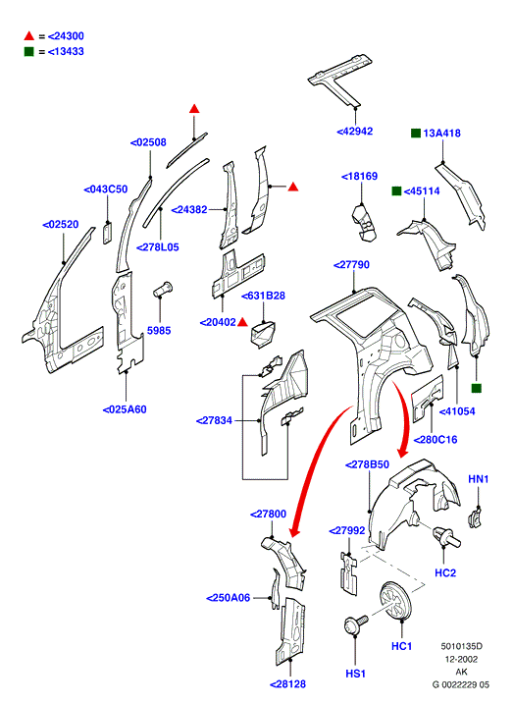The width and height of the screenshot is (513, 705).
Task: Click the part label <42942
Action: click(355, 132)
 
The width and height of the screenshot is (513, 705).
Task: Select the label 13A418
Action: click(441, 134)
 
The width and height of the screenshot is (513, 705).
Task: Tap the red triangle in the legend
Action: click(29, 35)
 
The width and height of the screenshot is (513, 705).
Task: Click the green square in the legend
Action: click(28, 52)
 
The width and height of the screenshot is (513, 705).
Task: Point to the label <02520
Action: click(60, 224)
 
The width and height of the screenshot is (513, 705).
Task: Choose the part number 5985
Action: click(159, 331)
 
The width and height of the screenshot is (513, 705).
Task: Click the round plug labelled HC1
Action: click(394, 600)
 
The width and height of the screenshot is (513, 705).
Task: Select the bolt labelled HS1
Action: click(355, 624)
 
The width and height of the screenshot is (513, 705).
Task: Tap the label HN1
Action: click(479, 479)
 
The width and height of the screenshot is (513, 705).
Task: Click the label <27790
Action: click(351, 265)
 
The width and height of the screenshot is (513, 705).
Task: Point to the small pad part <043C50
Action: click(107, 233)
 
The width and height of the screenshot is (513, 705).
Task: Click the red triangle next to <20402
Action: click(242, 321)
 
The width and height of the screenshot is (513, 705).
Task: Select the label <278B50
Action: click(367, 464)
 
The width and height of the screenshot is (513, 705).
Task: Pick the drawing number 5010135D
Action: click(461, 646)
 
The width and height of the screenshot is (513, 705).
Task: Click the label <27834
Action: click(214, 420)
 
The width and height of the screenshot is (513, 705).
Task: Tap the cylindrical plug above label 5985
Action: click(163, 289)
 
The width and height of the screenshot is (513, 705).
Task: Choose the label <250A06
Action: click(229, 598)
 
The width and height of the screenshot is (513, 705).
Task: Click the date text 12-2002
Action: click(461, 659)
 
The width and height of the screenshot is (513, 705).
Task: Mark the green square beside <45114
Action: click(396, 191)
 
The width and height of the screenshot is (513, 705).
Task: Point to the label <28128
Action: click(288, 683)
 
